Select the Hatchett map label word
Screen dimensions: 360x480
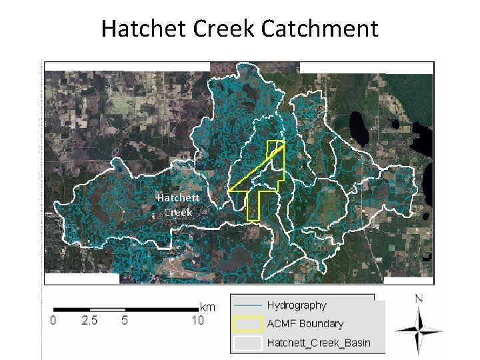(x=178, y=198)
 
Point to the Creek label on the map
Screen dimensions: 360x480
(x=178, y=212)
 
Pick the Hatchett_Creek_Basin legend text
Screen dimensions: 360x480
(x=318, y=343)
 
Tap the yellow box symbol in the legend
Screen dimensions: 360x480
(x=247, y=324)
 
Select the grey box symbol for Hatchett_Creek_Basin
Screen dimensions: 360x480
(x=247, y=343)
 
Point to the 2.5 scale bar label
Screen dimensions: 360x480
(x=90, y=321)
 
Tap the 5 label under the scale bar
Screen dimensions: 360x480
(x=125, y=321)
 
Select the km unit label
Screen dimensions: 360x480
(x=208, y=307)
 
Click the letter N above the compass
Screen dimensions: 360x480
(x=418, y=299)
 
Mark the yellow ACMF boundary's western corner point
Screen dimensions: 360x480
(x=229, y=191)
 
